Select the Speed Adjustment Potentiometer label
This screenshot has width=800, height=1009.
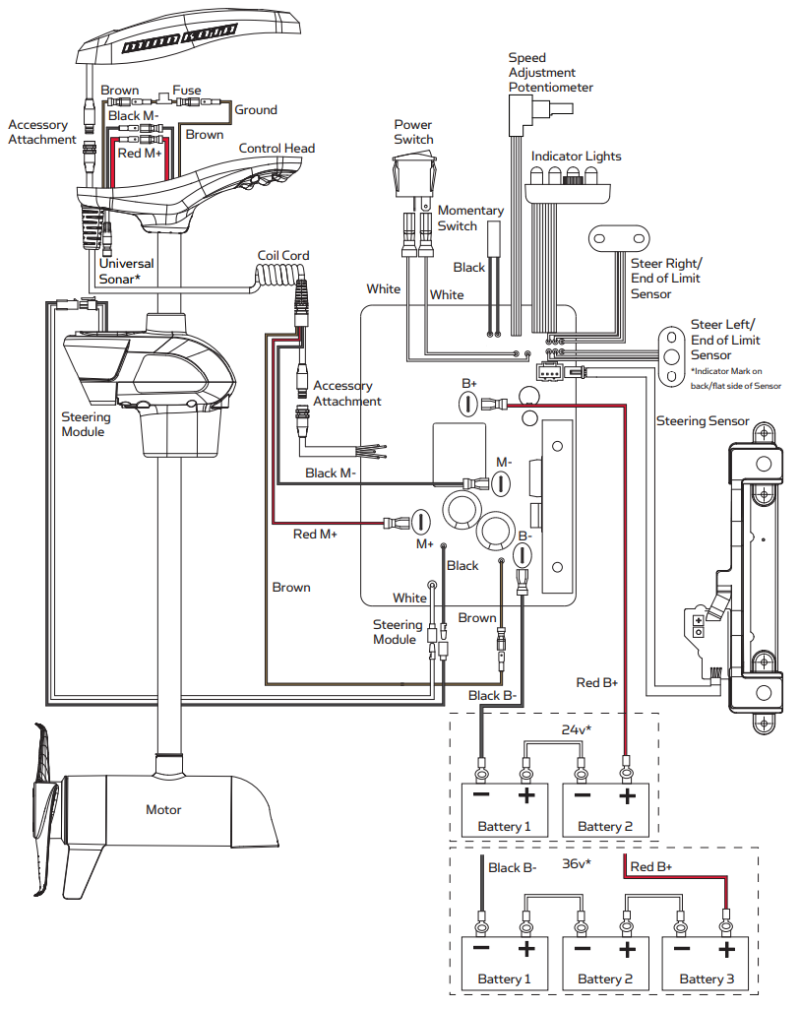coord(550,72)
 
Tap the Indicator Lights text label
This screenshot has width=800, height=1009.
coord(577,157)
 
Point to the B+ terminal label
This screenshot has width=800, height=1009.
coord(469,384)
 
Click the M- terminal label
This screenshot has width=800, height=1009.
coord(504,462)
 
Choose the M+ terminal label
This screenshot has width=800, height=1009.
coord(425,544)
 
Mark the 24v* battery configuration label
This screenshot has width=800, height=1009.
coord(577,729)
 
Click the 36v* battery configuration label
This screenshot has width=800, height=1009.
coord(577,863)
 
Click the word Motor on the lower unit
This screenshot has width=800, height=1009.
coord(163,809)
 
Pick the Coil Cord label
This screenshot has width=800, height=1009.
coord(283,256)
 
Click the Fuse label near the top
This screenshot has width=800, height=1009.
coord(187,91)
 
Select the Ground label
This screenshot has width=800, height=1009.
coord(255,110)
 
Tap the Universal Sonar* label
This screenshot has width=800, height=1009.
coord(126,271)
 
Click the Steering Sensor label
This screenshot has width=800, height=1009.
coord(703,421)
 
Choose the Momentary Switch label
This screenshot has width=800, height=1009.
coord(470,219)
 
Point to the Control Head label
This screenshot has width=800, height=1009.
coord(277,148)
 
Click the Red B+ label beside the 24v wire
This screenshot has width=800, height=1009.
coord(596,683)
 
